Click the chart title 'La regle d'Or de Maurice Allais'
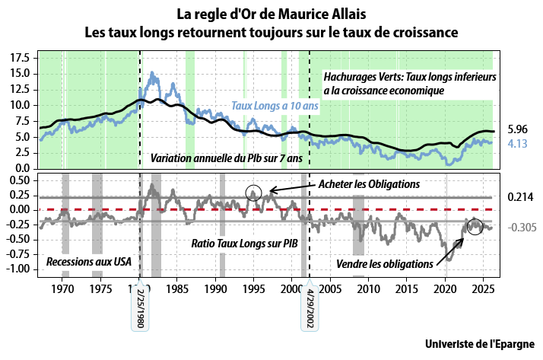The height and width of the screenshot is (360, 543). [271, 14]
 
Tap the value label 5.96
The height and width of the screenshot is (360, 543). [517, 129]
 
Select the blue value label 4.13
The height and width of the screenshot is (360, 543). [517, 142]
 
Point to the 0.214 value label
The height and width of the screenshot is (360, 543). [520, 196]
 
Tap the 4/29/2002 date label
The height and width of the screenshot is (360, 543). [310, 307]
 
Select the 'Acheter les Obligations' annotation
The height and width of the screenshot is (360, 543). [369, 184]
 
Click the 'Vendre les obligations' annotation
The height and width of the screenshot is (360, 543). [384, 263]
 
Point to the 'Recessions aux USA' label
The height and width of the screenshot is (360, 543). [89, 261]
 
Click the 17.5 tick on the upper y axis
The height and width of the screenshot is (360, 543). [21, 58]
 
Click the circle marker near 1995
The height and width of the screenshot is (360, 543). [254, 194]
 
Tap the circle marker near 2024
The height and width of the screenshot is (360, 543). [475, 225]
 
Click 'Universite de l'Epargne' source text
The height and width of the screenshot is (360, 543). [480, 343]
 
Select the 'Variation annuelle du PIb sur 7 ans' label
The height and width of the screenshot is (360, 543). [226, 158]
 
